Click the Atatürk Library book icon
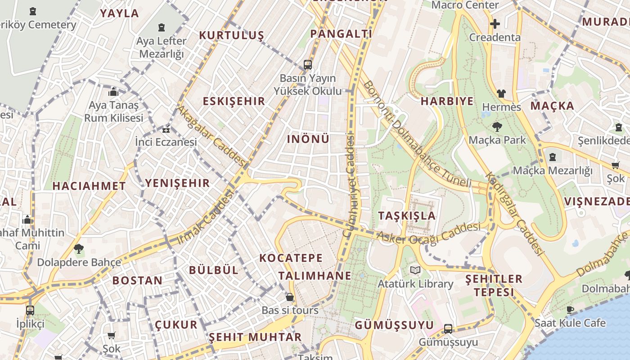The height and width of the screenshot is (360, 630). tap(415, 270)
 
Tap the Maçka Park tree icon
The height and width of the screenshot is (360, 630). tap(497, 126)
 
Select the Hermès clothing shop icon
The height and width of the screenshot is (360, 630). tap(501, 94)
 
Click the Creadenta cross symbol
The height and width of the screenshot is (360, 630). tap(495, 24)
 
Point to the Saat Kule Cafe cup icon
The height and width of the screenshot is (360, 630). tap(570, 310)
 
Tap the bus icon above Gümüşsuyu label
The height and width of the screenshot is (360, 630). tap(448, 329)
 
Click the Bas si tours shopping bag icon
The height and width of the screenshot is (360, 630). tap(290, 297)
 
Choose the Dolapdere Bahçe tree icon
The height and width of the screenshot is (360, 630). tap(79, 248)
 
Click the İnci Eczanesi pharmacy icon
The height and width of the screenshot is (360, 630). tap(166, 130)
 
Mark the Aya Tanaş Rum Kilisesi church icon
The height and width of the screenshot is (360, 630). tap(113, 92)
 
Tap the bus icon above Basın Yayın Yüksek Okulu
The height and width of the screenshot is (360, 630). tap(308, 65)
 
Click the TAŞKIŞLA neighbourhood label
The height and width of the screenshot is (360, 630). tap(407, 216)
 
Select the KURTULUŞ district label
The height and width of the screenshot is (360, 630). tap(231, 35)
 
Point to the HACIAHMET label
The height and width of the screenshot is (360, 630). tap(89, 185)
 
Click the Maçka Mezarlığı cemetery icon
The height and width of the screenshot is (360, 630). tap(553, 157)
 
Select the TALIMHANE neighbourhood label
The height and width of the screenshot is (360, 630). tap(315, 275)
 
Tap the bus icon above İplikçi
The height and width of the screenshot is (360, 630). tap(30, 310)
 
